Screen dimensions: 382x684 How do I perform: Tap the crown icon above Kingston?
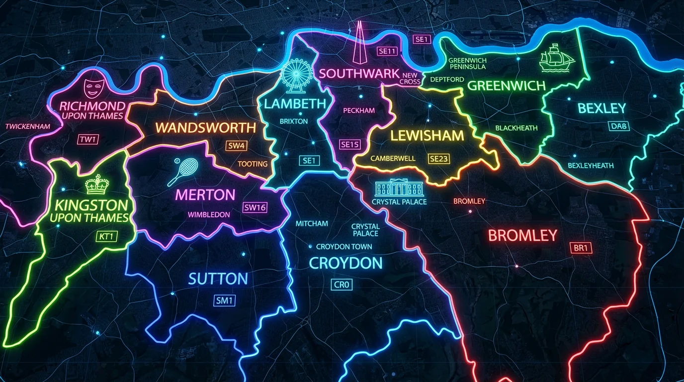[97, 185]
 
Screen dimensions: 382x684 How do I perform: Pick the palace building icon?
[399, 188]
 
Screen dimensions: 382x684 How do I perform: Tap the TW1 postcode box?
[88, 139]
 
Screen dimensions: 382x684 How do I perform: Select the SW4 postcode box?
[236, 146]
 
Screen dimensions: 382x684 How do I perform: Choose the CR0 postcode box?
[342, 285]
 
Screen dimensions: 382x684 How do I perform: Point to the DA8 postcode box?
[619, 126]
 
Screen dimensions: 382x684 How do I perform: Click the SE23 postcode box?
[438, 159]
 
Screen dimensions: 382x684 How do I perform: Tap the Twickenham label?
[28, 126]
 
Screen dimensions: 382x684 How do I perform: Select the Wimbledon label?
[209, 215]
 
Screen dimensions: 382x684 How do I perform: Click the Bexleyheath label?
[591, 166]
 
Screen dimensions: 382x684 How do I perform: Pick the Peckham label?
[359, 110]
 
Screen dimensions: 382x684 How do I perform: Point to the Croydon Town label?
[344, 247]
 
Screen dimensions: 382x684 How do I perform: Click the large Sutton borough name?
[218, 279]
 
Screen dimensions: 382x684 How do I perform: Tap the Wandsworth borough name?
[205, 127]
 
